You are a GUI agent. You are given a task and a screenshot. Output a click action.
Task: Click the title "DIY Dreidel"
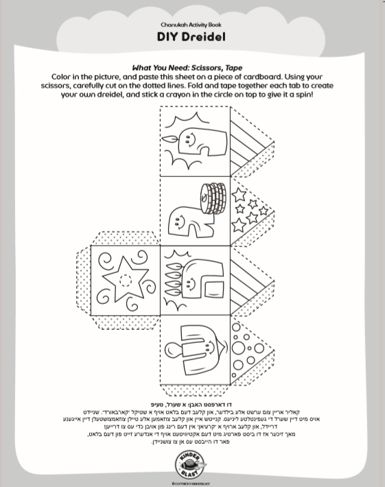(x=192, y=36)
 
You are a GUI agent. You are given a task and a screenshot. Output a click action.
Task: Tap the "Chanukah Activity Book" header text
(x=192, y=23)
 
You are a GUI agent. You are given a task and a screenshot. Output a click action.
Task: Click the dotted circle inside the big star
(x=125, y=280)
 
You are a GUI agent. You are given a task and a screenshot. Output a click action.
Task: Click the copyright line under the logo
(x=191, y=483)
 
